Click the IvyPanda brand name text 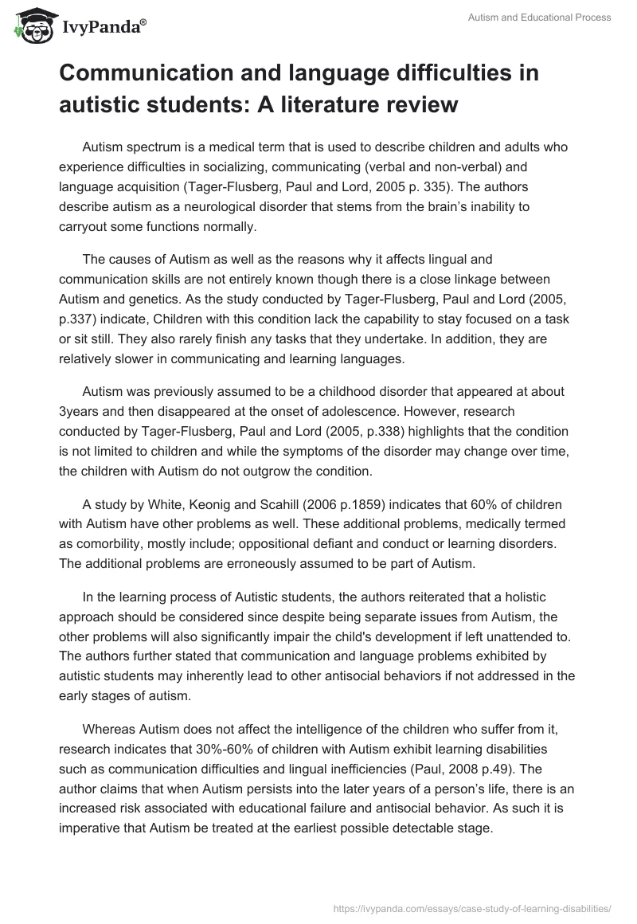101,28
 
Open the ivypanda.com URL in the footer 475,907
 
